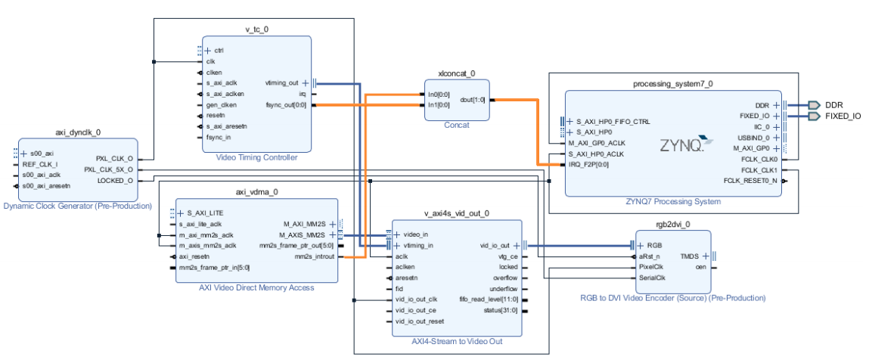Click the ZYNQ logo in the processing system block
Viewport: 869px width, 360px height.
[685, 144]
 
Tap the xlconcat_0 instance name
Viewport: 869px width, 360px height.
[456, 73]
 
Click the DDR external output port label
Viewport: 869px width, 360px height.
[834, 105]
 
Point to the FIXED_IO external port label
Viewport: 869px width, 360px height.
[843, 116]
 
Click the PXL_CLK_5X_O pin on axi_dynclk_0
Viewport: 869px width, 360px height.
[109, 169]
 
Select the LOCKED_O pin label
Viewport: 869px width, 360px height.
[115, 180]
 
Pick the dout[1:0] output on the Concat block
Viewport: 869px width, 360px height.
[472, 100]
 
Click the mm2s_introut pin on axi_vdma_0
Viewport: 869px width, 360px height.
[314, 256]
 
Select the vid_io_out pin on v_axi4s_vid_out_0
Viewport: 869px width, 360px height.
[495, 246]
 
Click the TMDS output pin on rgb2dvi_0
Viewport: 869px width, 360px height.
[690, 256]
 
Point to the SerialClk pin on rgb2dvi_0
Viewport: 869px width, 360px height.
[651, 278]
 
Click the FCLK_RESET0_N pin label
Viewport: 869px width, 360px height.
[750, 181]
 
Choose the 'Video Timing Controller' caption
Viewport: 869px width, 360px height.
[256, 157]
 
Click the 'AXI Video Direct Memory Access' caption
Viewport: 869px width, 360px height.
[256, 287]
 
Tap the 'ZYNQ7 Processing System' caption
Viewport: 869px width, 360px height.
[673, 202]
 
